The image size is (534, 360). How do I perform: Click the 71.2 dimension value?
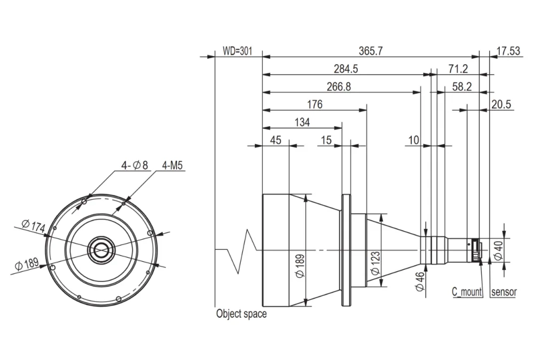[x=458, y=69]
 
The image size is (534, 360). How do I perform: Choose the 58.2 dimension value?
[x=461, y=87]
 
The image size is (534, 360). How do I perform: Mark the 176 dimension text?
[x=315, y=105]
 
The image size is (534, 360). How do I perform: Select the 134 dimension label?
[x=302, y=123]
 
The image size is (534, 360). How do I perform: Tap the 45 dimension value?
[x=276, y=140]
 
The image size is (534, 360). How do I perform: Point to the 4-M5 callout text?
[x=172, y=166]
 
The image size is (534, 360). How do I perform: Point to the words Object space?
[x=241, y=314]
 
